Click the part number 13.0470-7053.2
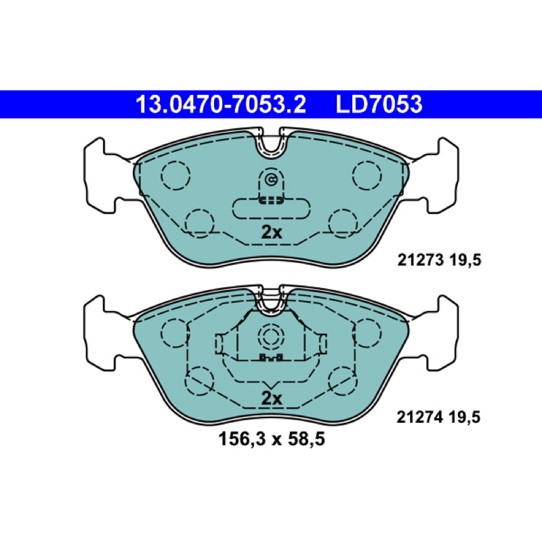[221, 104]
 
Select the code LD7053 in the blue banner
[379, 104]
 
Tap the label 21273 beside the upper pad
[420, 260]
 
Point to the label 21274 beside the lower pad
[419, 417]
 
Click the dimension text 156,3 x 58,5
[272, 439]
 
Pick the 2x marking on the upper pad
[272, 232]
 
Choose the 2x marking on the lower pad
[272, 398]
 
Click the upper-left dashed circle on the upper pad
[175, 175]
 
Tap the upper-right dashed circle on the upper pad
[367, 175]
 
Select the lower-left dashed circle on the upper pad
[199, 224]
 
